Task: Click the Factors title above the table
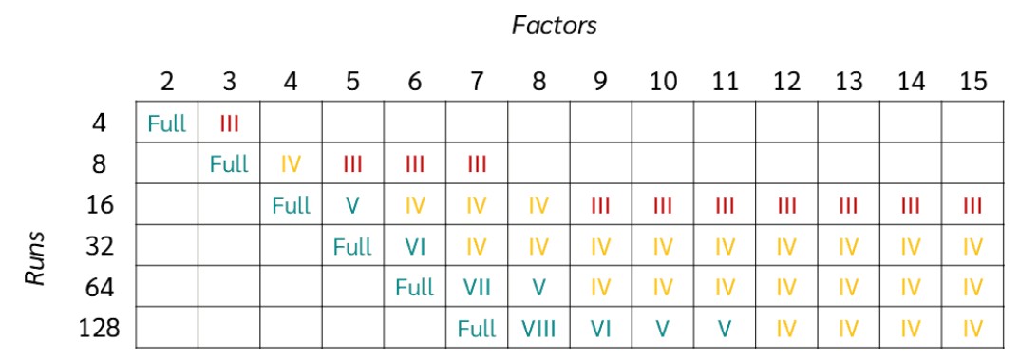pyautogui.click(x=555, y=26)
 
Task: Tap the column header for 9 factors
pyautogui.click(x=600, y=82)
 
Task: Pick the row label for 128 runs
pyautogui.click(x=100, y=329)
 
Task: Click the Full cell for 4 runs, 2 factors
pyautogui.click(x=166, y=123)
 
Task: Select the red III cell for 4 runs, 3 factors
pyautogui.click(x=229, y=123)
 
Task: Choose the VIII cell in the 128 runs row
pyautogui.click(x=538, y=329)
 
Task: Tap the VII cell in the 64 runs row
pyautogui.click(x=477, y=288)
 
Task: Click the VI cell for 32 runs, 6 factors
pyautogui.click(x=415, y=247)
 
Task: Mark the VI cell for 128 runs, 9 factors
pyautogui.click(x=600, y=329)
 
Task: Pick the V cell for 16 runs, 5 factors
pyautogui.click(x=352, y=205)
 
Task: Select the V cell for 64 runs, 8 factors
pyautogui.click(x=538, y=288)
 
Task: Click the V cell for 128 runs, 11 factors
pyautogui.click(x=725, y=329)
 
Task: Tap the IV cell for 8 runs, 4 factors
pyautogui.click(x=291, y=164)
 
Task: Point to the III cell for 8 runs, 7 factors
pyautogui.click(x=477, y=164)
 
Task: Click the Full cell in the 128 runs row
pyautogui.click(x=477, y=329)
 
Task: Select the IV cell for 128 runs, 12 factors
pyautogui.click(x=786, y=329)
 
